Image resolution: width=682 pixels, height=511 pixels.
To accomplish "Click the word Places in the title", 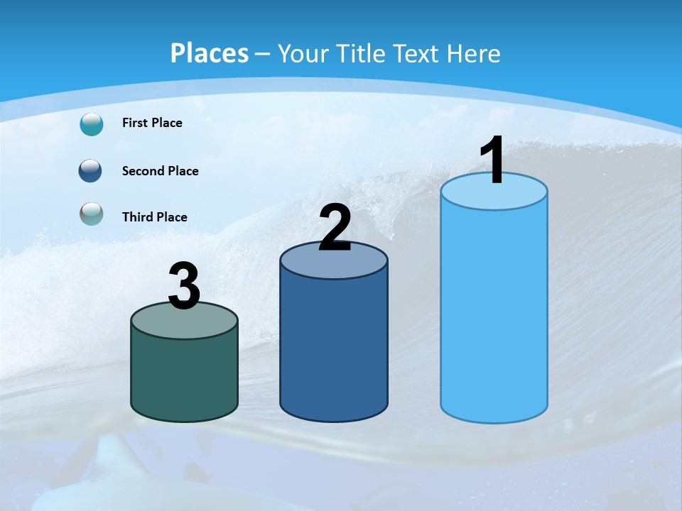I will click(210, 53).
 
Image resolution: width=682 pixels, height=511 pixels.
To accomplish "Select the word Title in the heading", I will click(359, 53).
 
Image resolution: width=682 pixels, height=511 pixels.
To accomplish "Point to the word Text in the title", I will click(417, 53).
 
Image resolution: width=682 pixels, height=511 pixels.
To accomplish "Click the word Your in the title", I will click(302, 53).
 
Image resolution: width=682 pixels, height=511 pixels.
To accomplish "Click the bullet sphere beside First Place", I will click(92, 123).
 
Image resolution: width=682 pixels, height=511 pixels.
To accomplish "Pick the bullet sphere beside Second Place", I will click(92, 171).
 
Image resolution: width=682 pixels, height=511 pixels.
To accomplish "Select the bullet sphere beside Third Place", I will click(92, 214).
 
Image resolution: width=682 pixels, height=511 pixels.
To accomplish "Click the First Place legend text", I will click(152, 123).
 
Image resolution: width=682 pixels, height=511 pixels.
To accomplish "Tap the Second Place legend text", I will click(160, 171).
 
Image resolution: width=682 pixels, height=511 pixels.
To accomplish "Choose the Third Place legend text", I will click(154, 217).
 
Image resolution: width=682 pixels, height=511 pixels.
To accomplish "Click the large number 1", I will click(492, 160).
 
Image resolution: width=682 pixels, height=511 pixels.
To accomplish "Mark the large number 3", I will click(184, 287).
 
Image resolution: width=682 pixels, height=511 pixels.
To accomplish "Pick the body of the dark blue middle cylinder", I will click(334, 348).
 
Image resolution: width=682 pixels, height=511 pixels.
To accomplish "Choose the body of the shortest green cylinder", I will click(184, 376).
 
